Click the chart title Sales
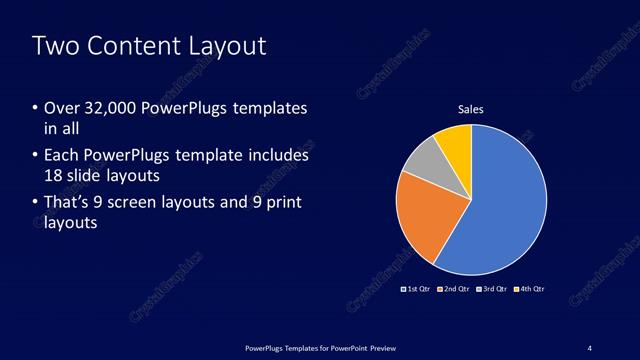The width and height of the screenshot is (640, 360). (x=471, y=109)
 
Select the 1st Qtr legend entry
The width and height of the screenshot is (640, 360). (x=415, y=289)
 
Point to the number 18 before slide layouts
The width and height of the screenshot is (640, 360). (x=54, y=175)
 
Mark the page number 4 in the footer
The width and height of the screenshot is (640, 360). (x=590, y=347)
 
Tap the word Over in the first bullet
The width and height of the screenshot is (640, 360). (x=60, y=108)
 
